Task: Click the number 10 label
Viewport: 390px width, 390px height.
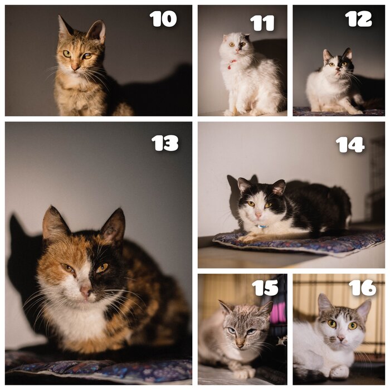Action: tap(163, 19)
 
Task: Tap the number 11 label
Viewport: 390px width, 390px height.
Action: tap(262, 23)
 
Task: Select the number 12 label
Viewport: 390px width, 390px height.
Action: tap(358, 19)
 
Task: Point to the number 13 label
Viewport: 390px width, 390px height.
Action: tap(165, 143)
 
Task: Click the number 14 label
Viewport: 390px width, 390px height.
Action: tap(350, 145)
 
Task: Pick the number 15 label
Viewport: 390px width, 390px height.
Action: tap(265, 288)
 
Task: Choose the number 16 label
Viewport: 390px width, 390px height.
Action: tap(362, 288)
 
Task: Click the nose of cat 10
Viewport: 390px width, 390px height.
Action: tap(75, 67)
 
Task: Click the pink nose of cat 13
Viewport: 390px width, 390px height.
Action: tap(85, 291)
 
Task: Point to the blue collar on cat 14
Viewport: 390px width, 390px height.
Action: tap(262, 227)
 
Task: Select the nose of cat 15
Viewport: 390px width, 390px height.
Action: tap(240, 345)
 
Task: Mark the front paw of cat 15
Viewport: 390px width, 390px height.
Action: tap(245, 373)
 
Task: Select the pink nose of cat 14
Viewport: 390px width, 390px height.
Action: tap(259, 214)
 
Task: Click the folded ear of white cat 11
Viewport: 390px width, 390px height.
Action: tap(226, 38)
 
